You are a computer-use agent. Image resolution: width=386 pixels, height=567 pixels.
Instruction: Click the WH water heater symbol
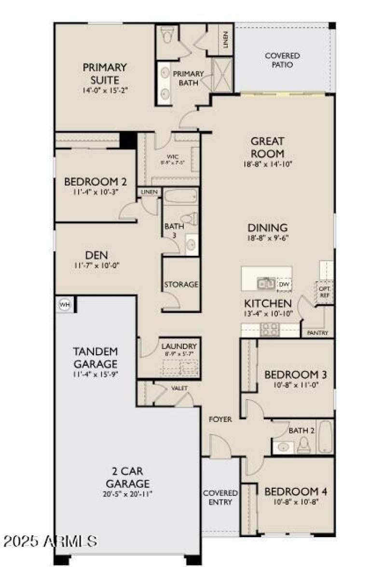(x=64, y=304)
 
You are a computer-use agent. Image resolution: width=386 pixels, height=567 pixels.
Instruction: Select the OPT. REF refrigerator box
(x=323, y=292)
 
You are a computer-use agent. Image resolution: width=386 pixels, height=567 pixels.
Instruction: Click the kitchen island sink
(x=266, y=284)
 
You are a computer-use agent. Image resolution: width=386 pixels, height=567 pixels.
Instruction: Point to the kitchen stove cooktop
(x=269, y=330)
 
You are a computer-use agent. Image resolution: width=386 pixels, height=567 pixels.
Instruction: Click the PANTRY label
(x=317, y=333)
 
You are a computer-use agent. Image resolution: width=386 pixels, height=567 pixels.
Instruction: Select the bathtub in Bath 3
(x=180, y=197)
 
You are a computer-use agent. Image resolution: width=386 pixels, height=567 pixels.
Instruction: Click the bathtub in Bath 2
(x=326, y=436)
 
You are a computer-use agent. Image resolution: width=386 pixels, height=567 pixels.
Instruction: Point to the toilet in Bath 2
(x=304, y=445)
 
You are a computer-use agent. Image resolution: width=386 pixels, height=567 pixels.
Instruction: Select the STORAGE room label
(x=181, y=285)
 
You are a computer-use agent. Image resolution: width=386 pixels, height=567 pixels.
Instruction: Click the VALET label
(x=179, y=388)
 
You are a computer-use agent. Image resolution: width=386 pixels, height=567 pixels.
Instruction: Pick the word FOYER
(x=220, y=419)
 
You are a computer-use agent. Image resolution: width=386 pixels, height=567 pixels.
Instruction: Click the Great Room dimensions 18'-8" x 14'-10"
(x=267, y=164)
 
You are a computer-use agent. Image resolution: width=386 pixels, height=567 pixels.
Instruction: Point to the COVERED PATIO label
(x=282, y=60)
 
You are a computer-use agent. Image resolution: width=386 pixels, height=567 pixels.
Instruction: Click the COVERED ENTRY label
(x=220, y=498)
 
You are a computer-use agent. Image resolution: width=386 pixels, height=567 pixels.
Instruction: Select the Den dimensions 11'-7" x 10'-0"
(x=97, y=265)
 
